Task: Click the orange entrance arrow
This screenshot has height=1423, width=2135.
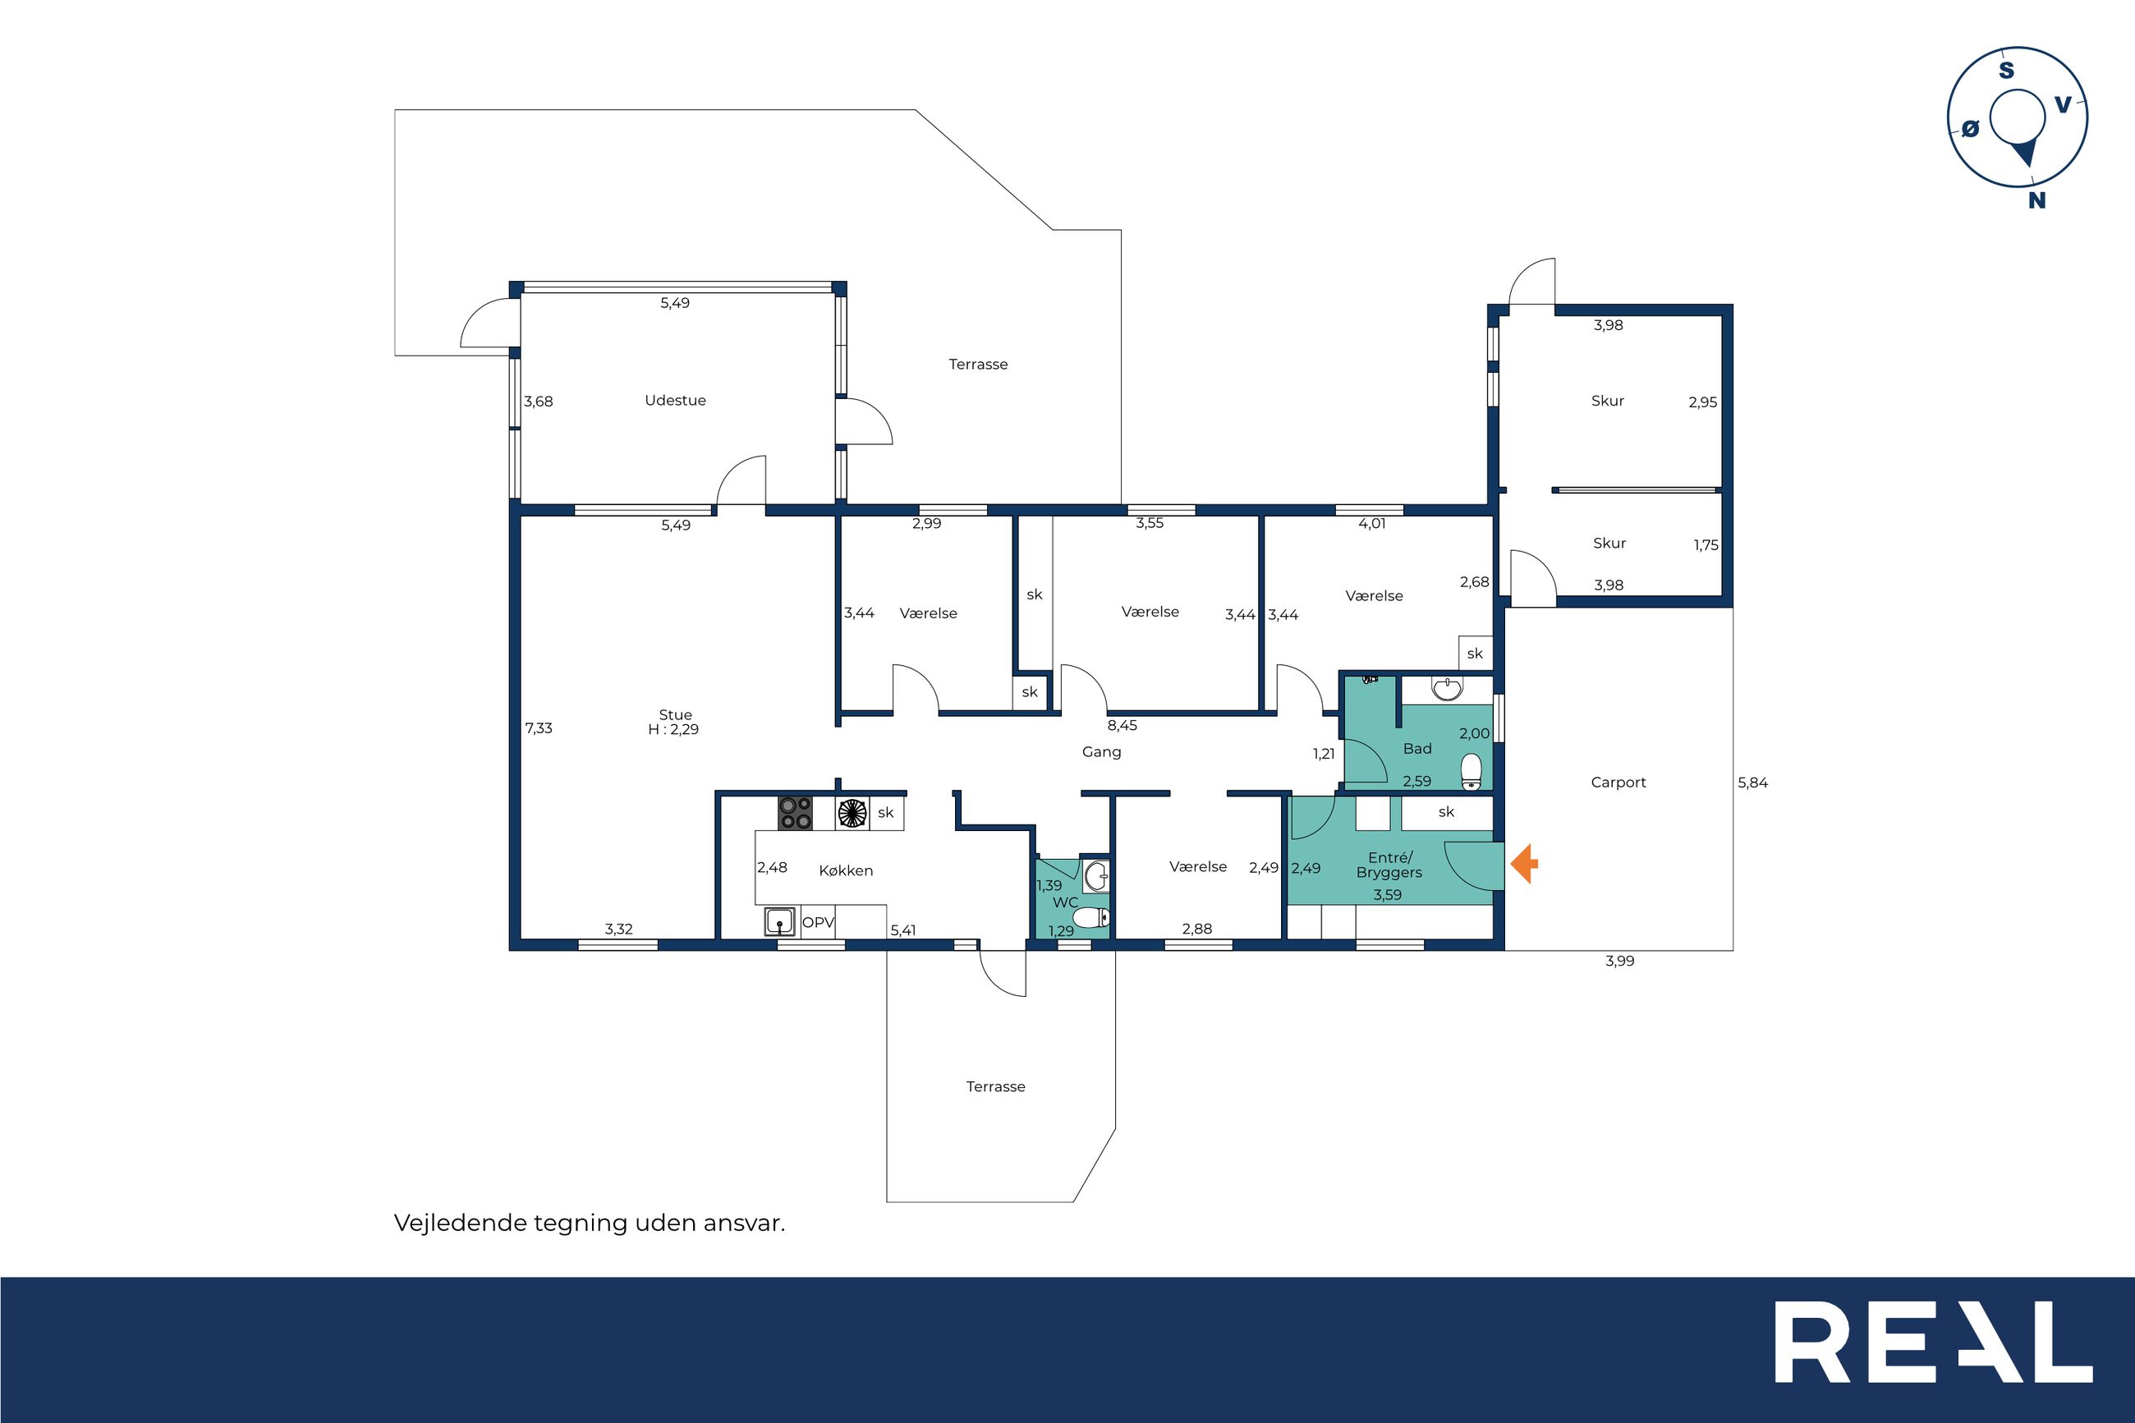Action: (1524, 863)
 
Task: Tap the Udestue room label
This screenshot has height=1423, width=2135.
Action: (675, 400)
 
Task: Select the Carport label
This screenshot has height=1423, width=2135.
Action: (1618, 783)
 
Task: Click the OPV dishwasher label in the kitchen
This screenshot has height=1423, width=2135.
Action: (818, 922)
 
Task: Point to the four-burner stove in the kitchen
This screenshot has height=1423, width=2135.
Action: (795, 813)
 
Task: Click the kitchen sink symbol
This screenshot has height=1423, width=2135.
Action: (779, 921)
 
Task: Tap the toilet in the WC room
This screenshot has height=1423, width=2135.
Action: (1091, 916)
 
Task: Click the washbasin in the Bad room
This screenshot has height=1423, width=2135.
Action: (1447, 689)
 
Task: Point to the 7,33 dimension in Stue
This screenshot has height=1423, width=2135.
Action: (538, 728)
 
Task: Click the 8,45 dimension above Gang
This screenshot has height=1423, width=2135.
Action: (1122, 725)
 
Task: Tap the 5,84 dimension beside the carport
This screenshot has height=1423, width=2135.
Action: (1752, 783)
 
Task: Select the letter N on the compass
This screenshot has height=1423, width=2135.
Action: (2037, 200)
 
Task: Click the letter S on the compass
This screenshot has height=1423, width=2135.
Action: (2006, 70)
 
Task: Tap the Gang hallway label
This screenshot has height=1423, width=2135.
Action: (1101, 752)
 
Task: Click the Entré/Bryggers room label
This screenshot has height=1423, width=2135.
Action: (1389, 865)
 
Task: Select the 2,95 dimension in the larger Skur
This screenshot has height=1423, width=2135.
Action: (1702, 402)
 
